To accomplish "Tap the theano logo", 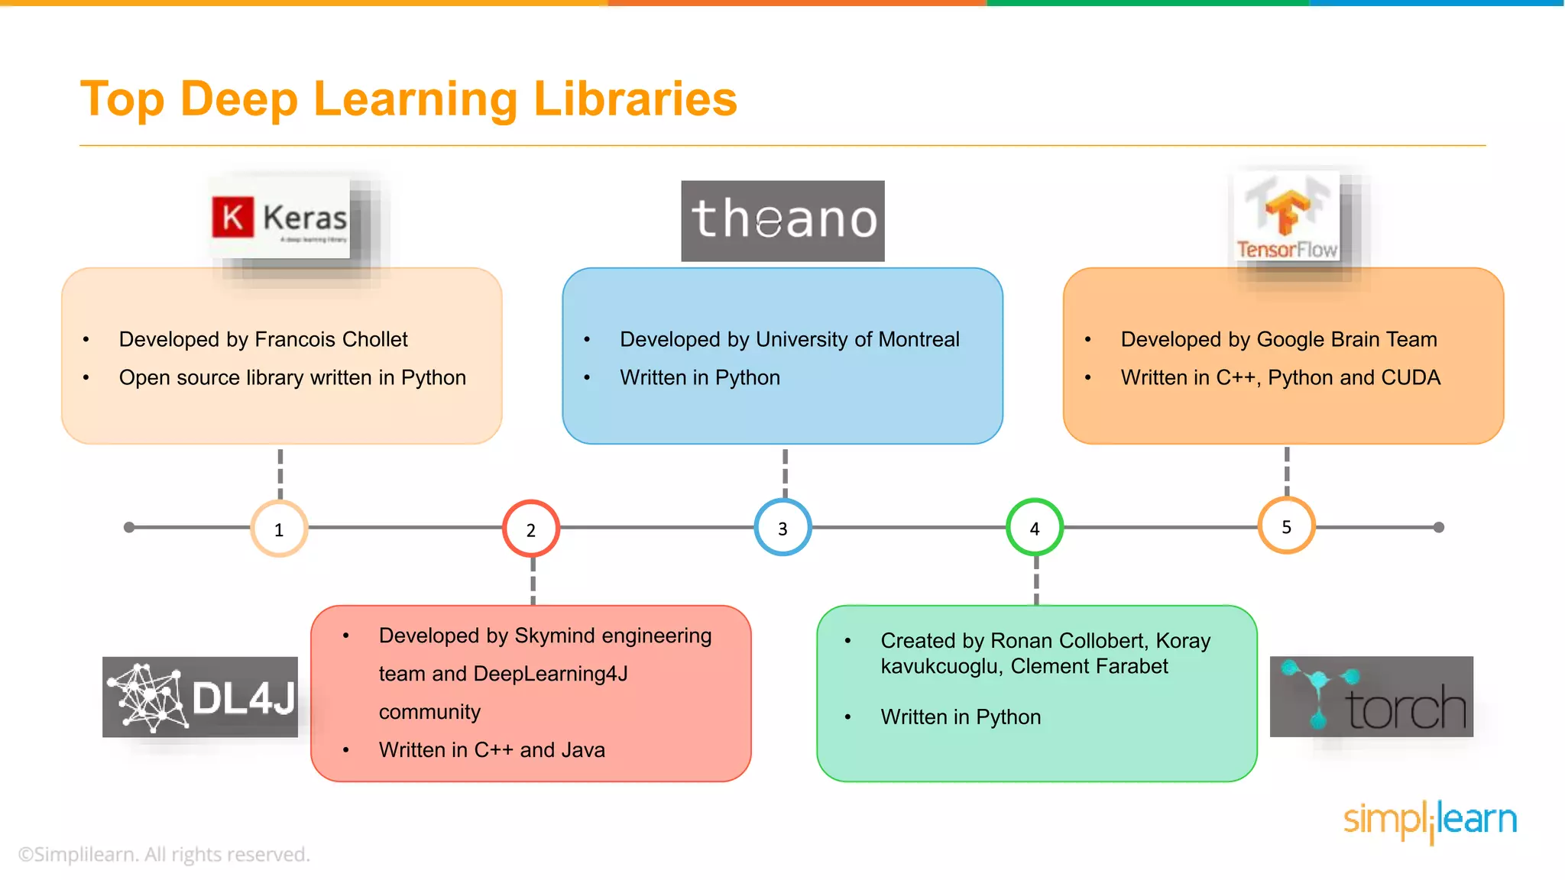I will point(782,221).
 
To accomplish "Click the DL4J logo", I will point(200,697).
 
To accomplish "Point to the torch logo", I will point(1371,697).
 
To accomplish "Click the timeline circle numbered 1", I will point(279,529).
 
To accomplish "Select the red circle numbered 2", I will point(531,529).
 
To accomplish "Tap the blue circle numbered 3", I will point(782,528).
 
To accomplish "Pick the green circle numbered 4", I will point(1035,528).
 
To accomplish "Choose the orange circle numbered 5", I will point(1286,526).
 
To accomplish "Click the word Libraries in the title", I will point(635,99).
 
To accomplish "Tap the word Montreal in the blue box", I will point(919,339).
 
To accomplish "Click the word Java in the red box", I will point(583,750).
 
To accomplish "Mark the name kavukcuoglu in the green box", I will point(941,667).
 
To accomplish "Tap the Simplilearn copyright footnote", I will point(164,854).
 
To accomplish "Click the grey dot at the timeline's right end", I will point(1439,527).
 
